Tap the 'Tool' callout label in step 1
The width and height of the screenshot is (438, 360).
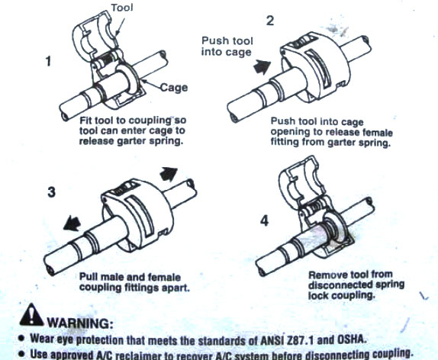122,8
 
